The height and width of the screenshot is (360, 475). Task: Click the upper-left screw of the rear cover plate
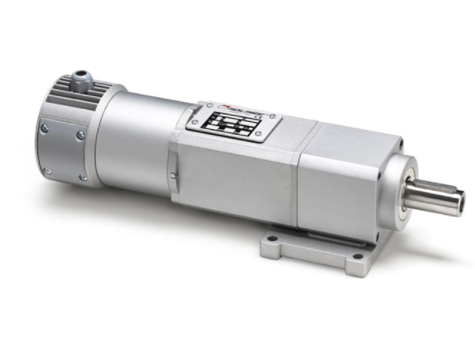point(44,128)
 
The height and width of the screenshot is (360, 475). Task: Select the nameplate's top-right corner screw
point(276,115)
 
